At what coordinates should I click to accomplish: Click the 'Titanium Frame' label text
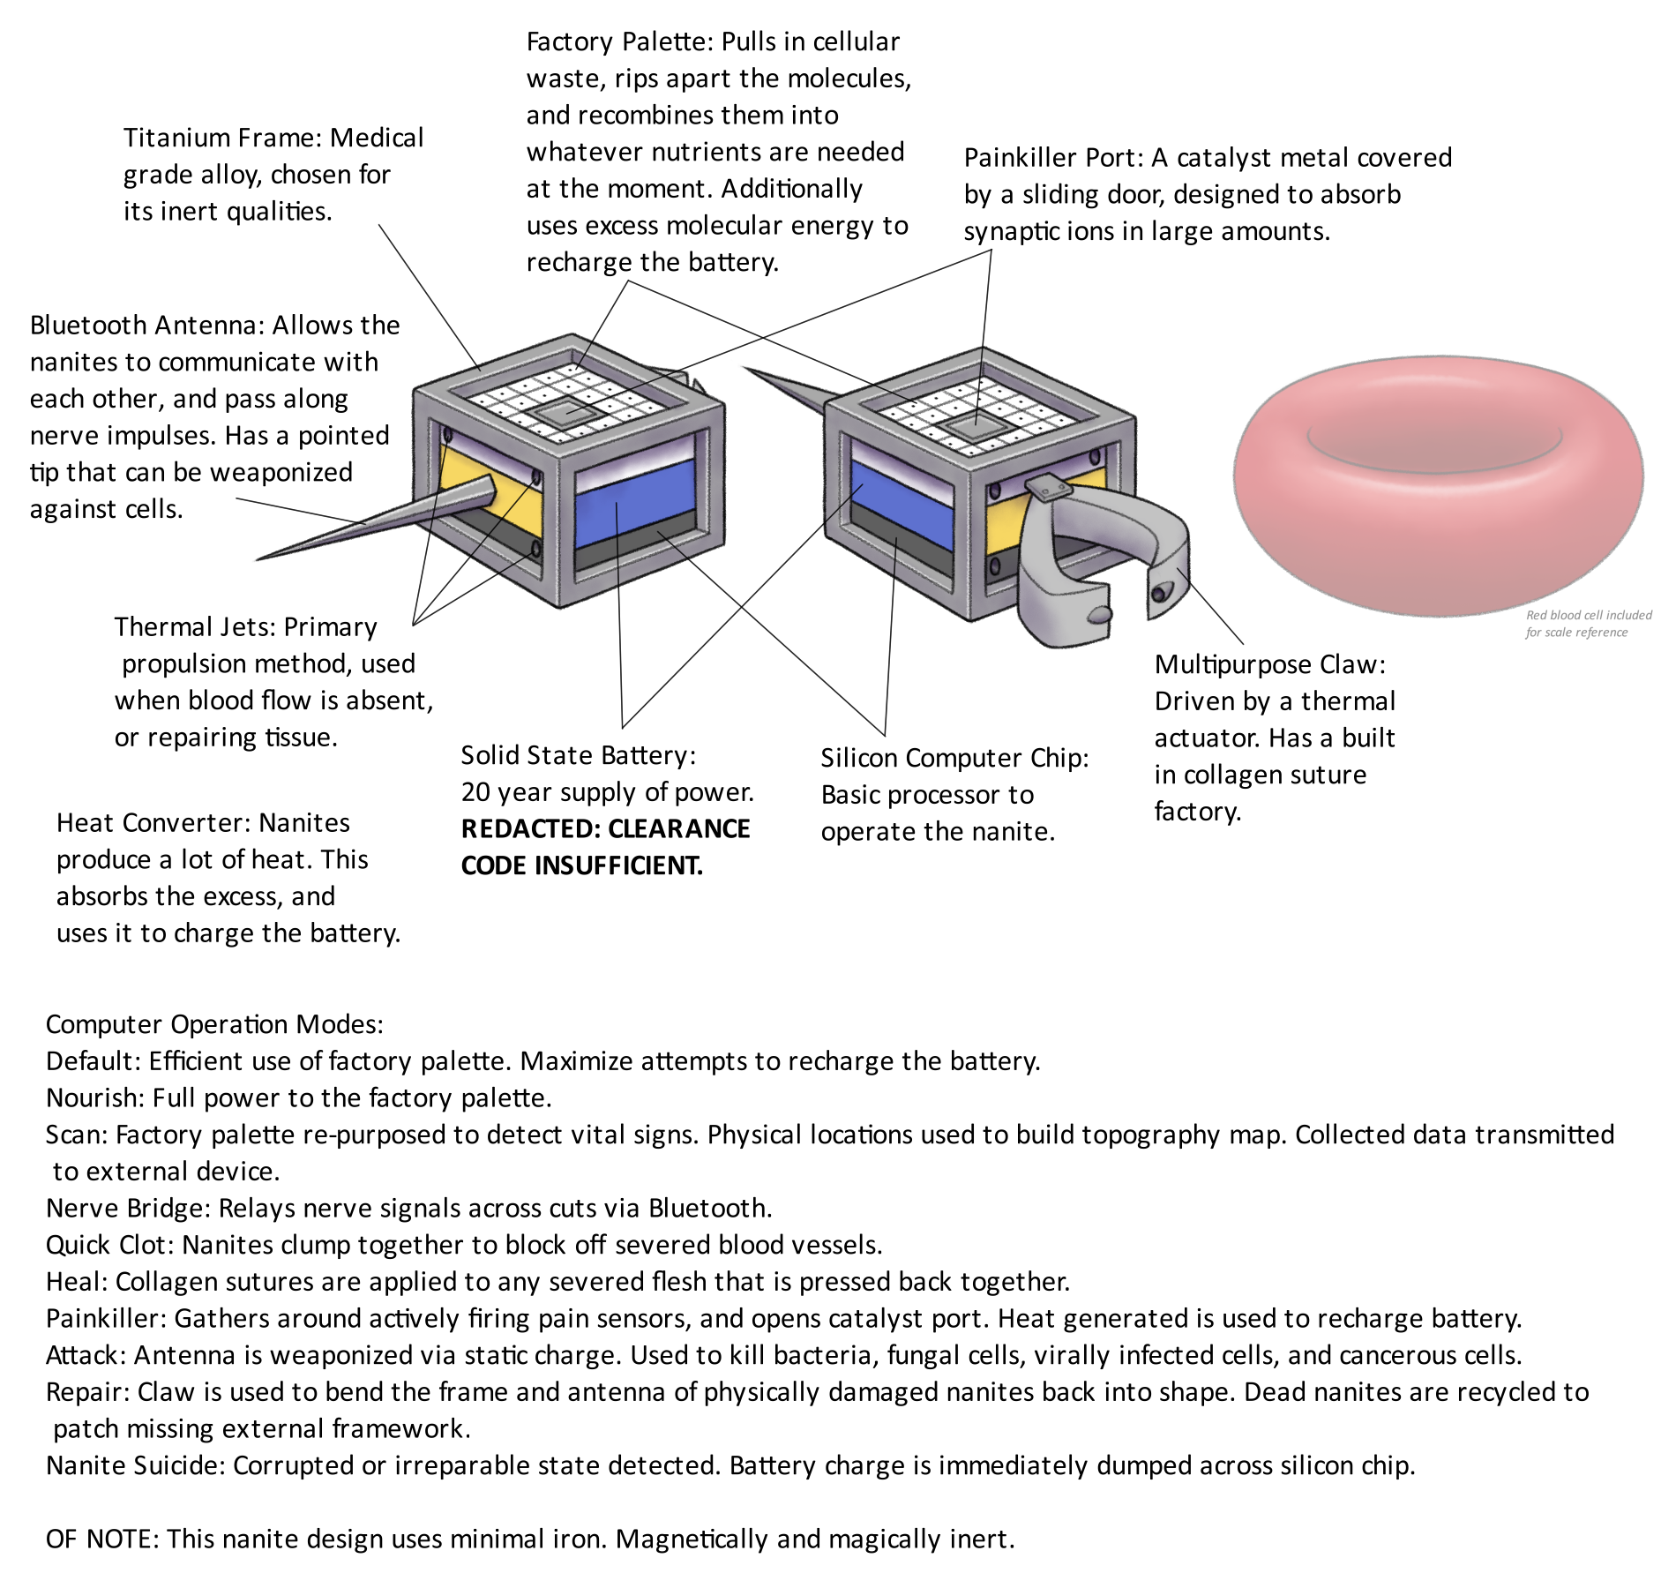[x=224, y=138]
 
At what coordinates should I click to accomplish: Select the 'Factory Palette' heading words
[x=617, y=41]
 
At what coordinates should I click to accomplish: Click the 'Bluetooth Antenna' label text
[x=146, y=326]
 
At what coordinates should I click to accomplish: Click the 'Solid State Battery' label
[x=578, y=756]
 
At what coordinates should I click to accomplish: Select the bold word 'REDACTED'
[x=527, y=829]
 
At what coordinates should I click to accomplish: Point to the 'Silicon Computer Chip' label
[x=954, y=759]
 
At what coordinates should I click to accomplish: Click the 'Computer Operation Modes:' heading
[x=214, y=1024]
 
